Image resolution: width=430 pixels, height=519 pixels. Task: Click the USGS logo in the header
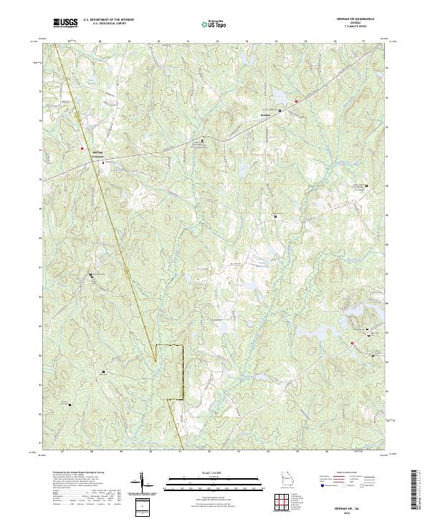tap(66, 23)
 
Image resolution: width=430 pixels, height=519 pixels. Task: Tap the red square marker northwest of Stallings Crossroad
tap(82, 129)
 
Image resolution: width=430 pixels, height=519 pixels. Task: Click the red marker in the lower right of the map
tap(353, 343)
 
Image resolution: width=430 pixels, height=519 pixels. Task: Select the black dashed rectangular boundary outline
tap(170, 372)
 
